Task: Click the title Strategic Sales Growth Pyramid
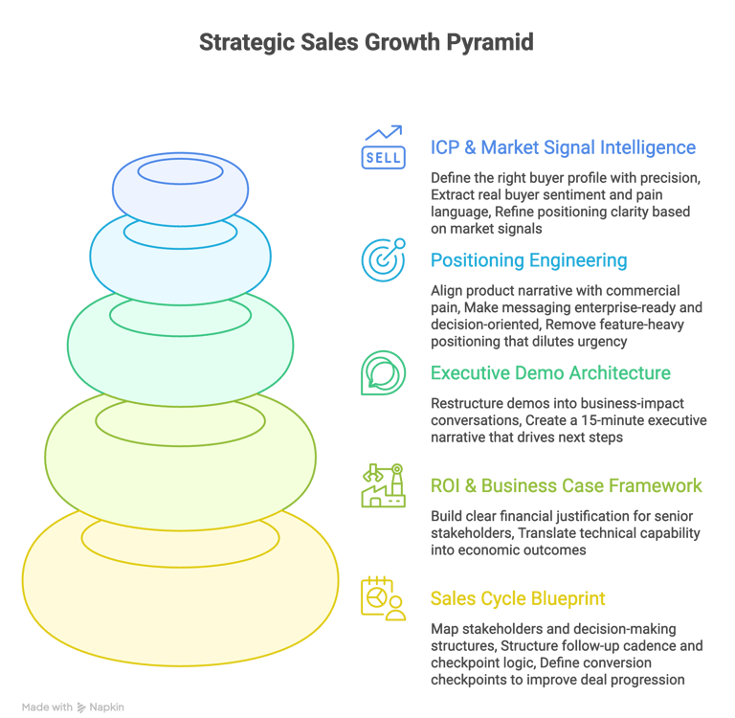click(x=367, y=43)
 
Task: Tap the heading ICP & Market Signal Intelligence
click(x=563, y=147)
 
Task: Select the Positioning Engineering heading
click(x=528, y=260)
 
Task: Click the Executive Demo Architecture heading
click(x=550, y=373)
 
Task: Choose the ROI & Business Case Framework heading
click(x=566, y=486)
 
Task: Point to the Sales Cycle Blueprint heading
click(x=518, y=599)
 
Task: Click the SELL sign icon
click(x=382, y=147)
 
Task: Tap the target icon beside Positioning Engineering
click(x=382, y=259)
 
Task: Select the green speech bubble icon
click(x=382, y=372)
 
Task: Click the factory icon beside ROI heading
click(x=382, y=485)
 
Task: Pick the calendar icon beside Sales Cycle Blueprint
click(x=382, y=598)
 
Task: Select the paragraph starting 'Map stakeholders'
click(x=565, y=655)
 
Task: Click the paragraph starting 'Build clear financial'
click(x=565, y=533)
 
